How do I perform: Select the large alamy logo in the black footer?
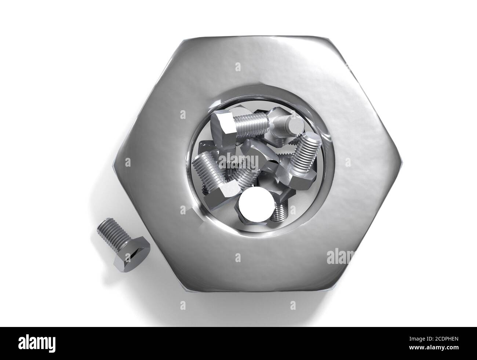37,344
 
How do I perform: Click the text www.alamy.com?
434,348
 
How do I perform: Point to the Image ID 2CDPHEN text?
434,339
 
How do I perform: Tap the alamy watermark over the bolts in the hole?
238,161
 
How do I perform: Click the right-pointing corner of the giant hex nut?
403,163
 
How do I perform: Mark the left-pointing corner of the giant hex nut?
113,166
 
